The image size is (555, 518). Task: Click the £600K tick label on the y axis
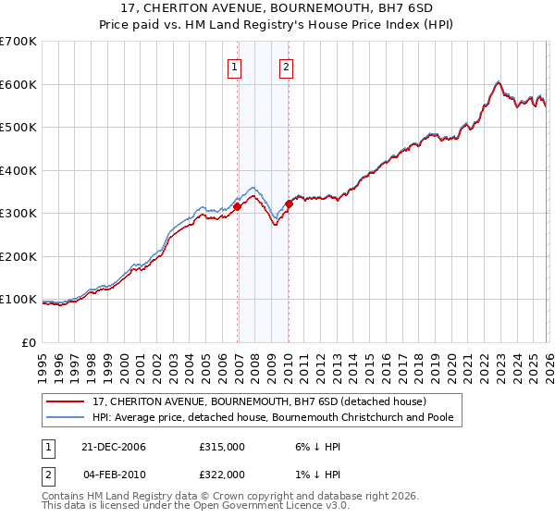click(x=18, y=84)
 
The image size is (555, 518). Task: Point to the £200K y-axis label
click(x=18, y=256)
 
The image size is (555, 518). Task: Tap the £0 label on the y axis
click(x=29, y=342)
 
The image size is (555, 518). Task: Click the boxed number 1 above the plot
click(x=234, y=67)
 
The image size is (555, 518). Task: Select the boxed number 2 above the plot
click(x=286, y=67)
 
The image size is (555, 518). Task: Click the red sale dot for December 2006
click(x=238, y=207)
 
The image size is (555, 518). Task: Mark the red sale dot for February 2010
click(x=289, y=203)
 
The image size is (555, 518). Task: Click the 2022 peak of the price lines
click(x=498, y=82)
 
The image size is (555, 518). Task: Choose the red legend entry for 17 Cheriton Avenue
click(x=259, y=401)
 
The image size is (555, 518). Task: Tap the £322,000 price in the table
click(x=222, y=474)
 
